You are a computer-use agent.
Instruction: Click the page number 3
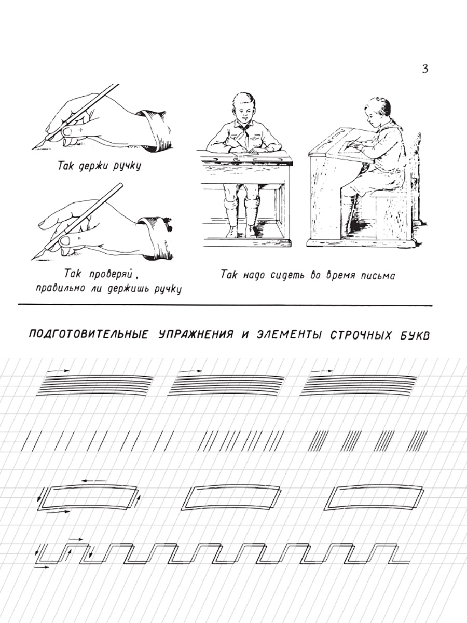click(425, 69)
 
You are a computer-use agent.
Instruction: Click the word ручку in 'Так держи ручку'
click(127, 167)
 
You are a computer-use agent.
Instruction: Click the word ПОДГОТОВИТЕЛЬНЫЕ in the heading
click(88, 335)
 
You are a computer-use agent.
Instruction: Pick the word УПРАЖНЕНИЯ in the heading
click(196, 335)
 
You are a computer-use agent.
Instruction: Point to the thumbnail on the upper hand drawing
click(67, 131)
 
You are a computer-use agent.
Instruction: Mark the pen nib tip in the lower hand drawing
click(32, 259)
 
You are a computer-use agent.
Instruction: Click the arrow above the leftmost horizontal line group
click(58, 370)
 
